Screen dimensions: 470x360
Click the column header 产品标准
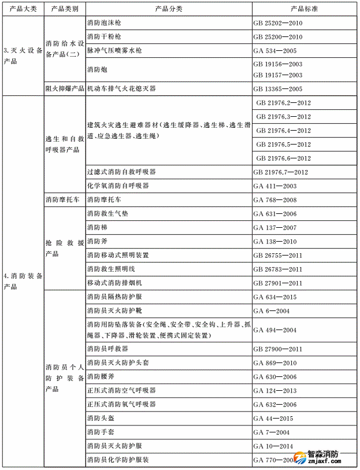[305, 9]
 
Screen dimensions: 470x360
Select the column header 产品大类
[23, 9]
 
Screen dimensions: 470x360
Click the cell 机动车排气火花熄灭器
[121, 89]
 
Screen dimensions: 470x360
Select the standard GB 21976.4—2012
[283, 131]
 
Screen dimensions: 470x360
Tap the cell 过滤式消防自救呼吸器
[121, 172]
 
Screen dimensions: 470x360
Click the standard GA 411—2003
[274, 186]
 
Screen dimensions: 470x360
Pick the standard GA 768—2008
[274, 200]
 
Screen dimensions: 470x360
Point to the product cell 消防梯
[97, 228]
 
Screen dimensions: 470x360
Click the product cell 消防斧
[97, 242]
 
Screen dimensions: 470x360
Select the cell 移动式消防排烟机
[118, 283]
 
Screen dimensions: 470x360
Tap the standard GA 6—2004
[271, 311]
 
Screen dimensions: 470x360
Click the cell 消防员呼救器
[107, 349]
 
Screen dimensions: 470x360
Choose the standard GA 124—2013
[274, 391]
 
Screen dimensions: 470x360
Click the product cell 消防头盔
[101, 419]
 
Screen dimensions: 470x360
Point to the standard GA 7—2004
[271, 432]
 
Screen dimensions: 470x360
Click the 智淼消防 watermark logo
[321, 456]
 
